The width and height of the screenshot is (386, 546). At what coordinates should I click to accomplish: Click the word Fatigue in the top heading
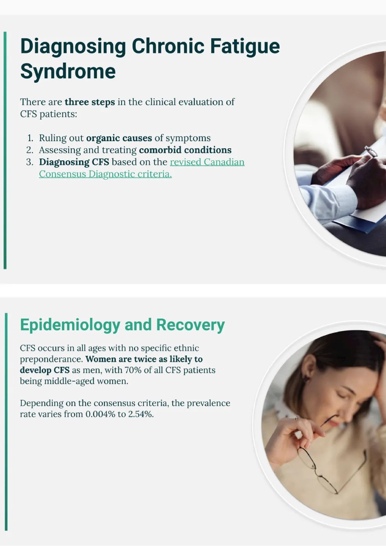click(245, 47)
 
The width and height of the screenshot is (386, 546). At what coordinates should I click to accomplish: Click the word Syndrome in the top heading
click(68, 72)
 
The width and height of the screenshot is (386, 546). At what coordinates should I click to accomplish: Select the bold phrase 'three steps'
click(90, 102)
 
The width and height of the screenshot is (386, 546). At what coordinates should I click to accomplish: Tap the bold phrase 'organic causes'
click(119, 138)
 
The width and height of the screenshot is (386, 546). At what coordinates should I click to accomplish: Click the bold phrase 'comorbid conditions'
click(185, 150)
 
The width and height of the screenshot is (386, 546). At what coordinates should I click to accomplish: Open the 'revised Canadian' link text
click(207, 162)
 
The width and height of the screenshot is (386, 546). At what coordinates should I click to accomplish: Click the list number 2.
click(30, 150)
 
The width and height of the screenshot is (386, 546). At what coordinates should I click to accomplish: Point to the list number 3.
click(30, 162)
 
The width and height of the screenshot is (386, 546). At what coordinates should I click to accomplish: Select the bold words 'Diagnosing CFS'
click(74, 162)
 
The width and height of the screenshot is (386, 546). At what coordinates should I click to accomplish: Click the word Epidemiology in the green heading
click(70, 325)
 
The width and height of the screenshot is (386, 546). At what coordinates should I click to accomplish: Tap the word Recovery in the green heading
click(190, 325)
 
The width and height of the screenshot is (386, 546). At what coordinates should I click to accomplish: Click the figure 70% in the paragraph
click(133, 370)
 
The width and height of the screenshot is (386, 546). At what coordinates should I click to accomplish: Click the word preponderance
click(51, 359)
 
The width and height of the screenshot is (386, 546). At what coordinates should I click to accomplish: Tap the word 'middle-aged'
click(69, 381)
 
